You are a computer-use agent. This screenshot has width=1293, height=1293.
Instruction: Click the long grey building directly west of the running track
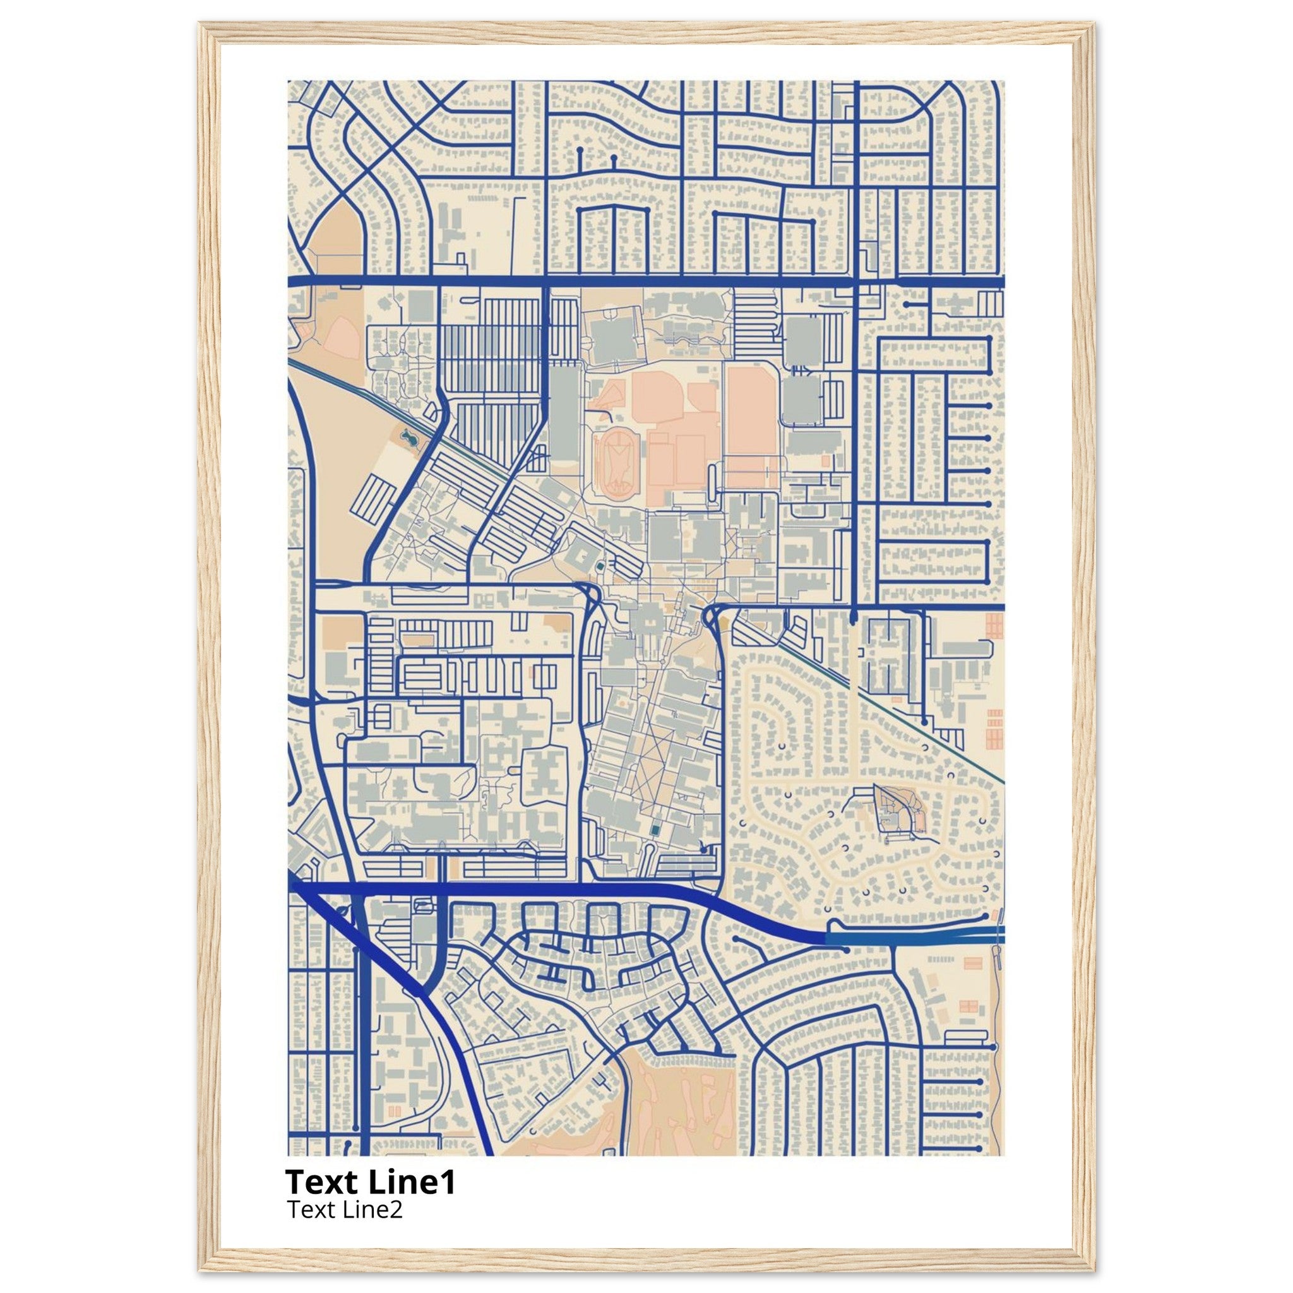565,415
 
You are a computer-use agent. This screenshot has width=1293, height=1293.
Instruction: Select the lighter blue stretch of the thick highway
910,938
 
